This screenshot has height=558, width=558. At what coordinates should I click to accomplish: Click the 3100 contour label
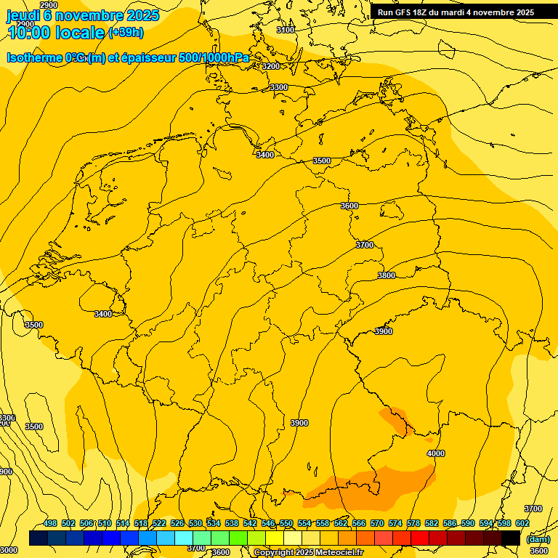(x=286, y=30)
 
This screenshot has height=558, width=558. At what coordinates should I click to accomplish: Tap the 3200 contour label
(x=271, y=66)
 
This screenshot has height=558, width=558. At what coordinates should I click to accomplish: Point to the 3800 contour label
(x=387, y=275)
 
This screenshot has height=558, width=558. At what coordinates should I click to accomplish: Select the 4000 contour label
(x=435, y=453)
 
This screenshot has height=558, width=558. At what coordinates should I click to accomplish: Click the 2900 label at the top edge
(x=49, y=5)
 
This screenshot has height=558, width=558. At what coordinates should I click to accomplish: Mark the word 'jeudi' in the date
(x=23, y=15)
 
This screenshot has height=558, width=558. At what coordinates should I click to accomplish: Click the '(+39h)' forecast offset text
(x=126, y=33)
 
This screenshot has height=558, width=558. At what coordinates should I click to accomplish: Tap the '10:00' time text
(x=28, y=33)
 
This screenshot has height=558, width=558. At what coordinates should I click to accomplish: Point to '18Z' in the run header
(x=426, y=12)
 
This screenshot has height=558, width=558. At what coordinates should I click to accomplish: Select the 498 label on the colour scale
(x=50, y=524)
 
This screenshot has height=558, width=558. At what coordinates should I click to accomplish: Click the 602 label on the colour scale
(x=522, y=524)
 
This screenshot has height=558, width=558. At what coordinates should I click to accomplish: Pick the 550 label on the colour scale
(x=286, y=524)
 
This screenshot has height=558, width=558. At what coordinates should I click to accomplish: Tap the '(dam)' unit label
(x=538, y=539)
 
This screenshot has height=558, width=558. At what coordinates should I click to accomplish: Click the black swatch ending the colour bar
(x=511, y=538)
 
